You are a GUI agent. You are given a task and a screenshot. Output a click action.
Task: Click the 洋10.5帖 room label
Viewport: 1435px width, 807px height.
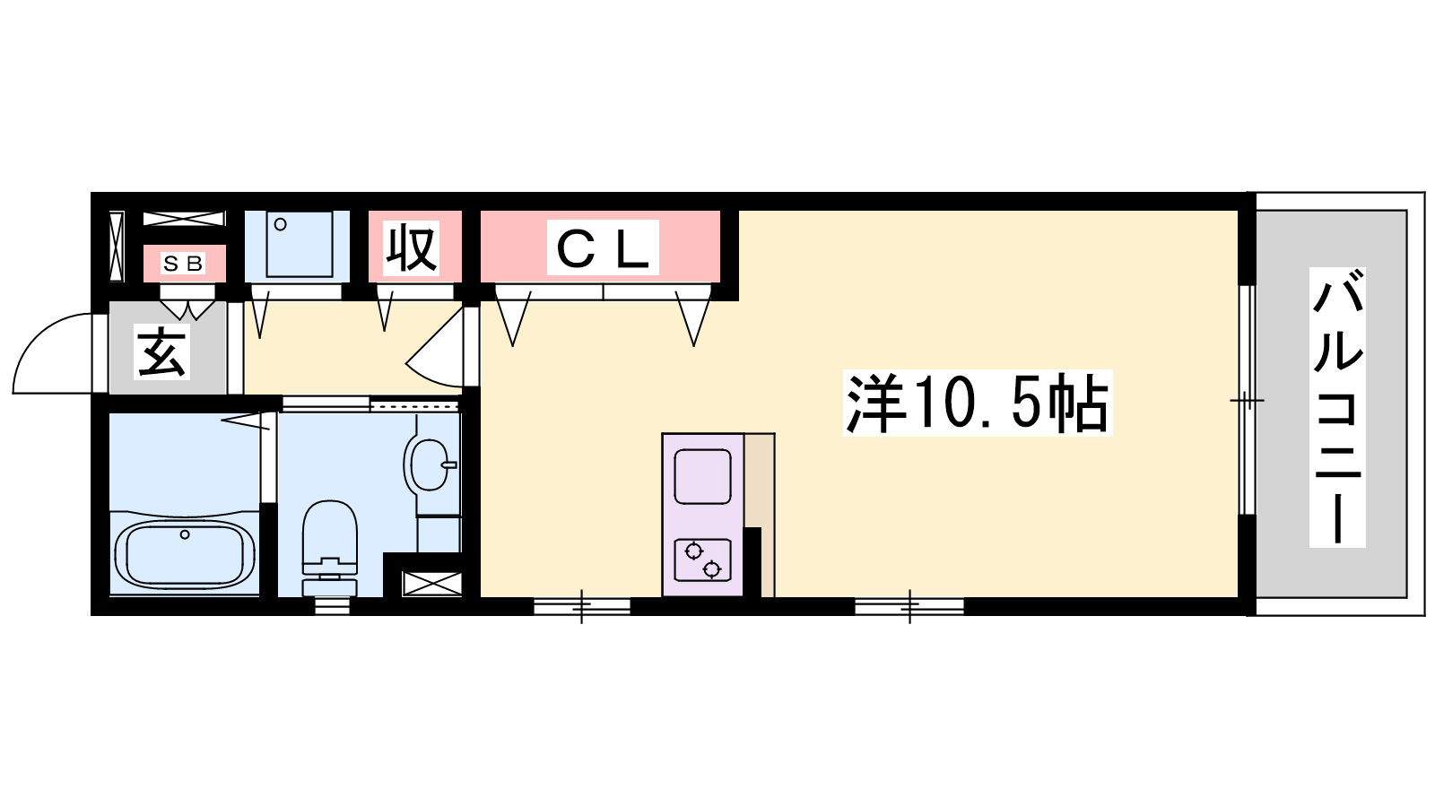tap(978, 403)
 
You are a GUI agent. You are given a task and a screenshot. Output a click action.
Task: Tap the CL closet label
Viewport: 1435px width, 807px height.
tap(603, 247)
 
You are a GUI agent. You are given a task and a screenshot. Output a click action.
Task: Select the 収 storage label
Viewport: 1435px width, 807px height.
tap(412, 247)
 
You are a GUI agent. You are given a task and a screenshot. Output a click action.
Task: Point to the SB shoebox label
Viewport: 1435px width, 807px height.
tap(183, 264)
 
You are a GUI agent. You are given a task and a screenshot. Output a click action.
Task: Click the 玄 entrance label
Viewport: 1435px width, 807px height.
tap(162, 352)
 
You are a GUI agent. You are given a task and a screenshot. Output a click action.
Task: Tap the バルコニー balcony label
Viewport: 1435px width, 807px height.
tap(1337, 407)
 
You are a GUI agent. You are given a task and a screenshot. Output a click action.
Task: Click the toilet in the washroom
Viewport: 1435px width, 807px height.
tap(329, 548)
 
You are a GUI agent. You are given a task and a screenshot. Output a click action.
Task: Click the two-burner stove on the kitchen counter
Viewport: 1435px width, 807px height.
tap(703, 560)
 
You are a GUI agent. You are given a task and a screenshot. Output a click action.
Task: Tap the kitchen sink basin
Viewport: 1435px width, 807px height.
tap(703, 476)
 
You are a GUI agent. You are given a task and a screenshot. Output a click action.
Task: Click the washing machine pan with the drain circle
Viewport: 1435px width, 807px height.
tap(297, 247)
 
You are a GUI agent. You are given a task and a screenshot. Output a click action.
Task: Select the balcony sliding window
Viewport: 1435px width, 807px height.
tap(1247, 400)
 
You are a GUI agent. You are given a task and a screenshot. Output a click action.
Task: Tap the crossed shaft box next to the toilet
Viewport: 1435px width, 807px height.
tap(431, 584)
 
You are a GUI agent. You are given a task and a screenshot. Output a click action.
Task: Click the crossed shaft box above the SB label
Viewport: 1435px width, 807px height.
tap(184, 219)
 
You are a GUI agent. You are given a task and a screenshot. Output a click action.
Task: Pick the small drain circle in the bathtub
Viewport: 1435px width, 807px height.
tap(185, 534)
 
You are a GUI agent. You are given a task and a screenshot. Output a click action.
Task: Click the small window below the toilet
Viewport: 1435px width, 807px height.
tap(333, 606)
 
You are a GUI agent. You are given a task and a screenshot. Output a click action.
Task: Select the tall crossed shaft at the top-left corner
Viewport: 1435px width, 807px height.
tap(116, 247)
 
